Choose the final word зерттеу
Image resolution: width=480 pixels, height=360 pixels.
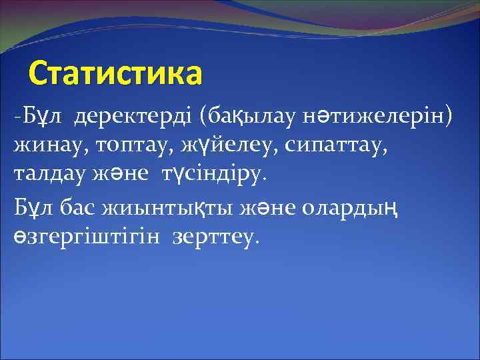214,237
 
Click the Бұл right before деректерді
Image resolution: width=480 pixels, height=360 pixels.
45,118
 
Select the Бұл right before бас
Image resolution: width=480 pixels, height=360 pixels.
34,208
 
